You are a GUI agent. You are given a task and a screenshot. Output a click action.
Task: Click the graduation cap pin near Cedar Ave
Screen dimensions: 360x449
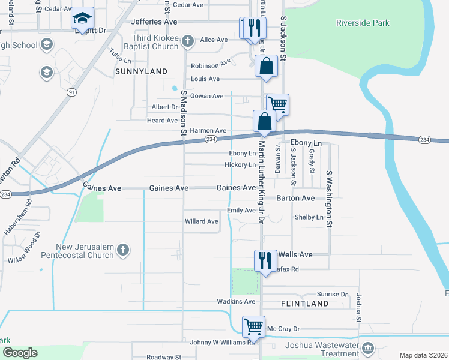[83, 19]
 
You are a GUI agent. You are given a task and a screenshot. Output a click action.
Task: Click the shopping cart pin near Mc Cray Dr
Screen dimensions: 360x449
[253, 327]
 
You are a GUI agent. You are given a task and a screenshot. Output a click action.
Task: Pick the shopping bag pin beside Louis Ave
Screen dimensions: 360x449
[265, 66]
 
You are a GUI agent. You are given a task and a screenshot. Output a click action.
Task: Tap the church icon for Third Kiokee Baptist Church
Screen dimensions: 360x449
[188, 41]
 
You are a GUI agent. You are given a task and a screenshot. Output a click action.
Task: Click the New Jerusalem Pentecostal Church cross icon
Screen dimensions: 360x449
[122, 250]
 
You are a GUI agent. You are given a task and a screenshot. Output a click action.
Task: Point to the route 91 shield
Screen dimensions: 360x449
[72, 92]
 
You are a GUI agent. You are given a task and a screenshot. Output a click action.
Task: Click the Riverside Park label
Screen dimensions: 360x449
[363, 23]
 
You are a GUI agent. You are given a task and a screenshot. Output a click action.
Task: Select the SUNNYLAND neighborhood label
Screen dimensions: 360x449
[141, 71]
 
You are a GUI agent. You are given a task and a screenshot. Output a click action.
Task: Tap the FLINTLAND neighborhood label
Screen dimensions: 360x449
[304, 304]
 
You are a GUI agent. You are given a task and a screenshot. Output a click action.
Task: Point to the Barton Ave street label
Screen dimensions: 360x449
[295, 198]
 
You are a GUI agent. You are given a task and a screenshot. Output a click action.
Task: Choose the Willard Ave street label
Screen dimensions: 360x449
[202, 221]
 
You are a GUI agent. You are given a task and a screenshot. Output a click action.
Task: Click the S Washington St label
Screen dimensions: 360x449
[329, 199]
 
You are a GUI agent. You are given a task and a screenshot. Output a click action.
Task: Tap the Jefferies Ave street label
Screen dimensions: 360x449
[154, 22]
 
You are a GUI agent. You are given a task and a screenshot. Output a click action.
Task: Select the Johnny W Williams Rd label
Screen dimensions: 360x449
[218, 343]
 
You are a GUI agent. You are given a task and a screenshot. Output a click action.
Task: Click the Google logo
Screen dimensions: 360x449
[20, 353]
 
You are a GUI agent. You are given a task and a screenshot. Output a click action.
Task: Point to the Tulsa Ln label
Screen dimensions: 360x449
[120, 57]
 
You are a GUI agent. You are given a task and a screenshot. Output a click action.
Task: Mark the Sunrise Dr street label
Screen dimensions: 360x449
[332, 295]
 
